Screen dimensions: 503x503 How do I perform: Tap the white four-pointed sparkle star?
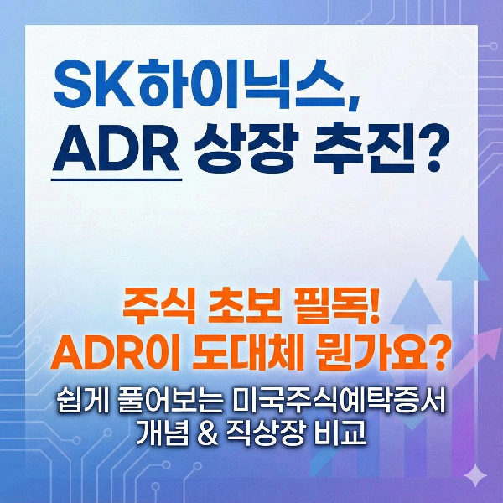pos(475,474)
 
